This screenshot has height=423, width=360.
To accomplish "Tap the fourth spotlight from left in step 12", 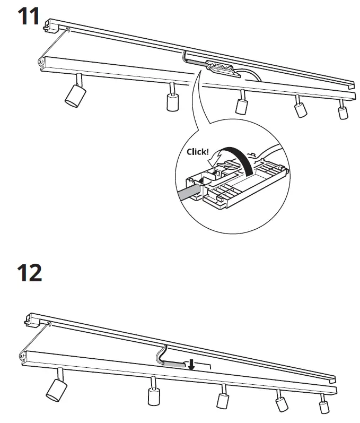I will point(281,402).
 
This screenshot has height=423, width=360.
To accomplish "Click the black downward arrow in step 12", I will point(192,365).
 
